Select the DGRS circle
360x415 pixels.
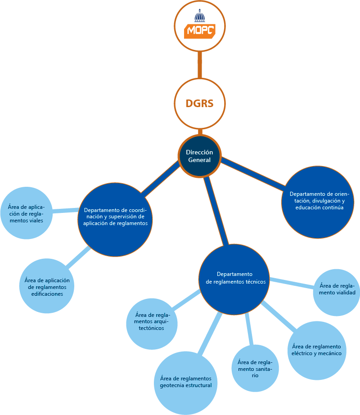[x=200, y=104]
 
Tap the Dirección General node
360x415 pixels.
[x=200, y=156]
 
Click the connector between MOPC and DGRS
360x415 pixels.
[x=200, y=65]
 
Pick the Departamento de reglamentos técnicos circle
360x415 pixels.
[x=234, y=278]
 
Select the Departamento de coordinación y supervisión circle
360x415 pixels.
[x=116, y=217]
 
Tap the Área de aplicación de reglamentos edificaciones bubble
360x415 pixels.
[x=47, y=287]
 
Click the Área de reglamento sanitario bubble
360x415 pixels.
[x=255, y=368]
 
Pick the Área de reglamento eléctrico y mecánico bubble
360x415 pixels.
[x=316, y=350]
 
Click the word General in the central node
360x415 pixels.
[x=199, y=160]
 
